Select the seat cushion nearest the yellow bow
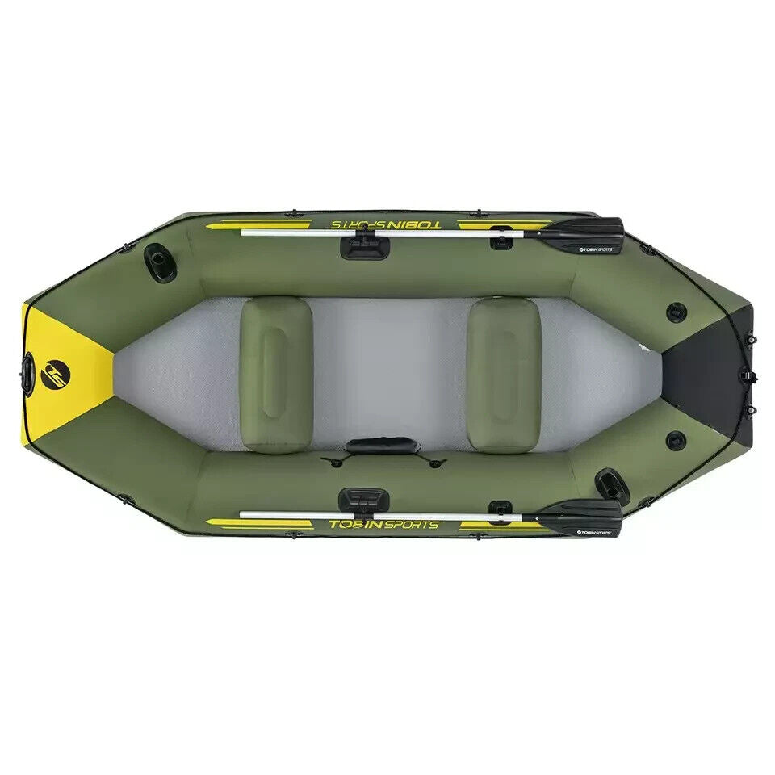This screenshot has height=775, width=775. [x=275, y=374]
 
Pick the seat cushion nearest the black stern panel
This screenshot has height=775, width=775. [x=504, y=374]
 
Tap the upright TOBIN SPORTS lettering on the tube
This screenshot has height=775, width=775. [x=383, y=524]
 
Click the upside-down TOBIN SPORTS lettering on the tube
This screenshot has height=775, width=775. [x=386, y=224]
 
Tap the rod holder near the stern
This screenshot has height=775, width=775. [x=611, y=484]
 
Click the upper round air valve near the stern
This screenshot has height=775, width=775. [x=676, y=312]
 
